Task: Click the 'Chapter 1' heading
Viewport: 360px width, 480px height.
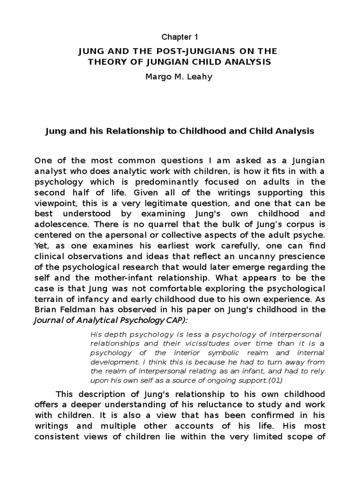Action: [180, 37]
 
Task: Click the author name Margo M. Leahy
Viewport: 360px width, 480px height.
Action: [180, 76]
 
